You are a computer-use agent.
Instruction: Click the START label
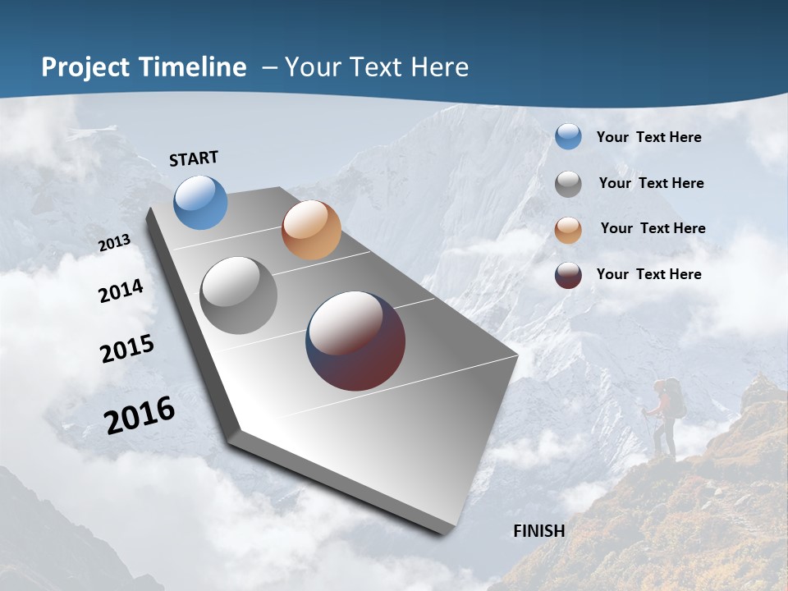(194, 158)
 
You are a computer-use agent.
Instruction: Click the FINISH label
(538, 531)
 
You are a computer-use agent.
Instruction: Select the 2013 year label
(114, 243)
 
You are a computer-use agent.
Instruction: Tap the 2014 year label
(121, 291)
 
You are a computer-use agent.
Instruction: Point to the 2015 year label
(127, 348)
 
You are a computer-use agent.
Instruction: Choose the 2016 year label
(140, 415)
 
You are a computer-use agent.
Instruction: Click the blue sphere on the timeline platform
(200, 202)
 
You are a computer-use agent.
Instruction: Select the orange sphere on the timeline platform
(311, 230)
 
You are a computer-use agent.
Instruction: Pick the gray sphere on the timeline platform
(238, 295)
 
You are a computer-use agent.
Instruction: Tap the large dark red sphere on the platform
(355, 341)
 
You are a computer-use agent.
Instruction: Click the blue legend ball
(568, 137)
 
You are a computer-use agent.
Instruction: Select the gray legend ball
(568, 184)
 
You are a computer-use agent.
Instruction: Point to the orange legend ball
(568, 230)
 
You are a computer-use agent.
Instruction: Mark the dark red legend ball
(568, 275)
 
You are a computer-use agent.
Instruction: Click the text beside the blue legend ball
(648, 137)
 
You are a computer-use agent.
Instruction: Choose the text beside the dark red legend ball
(648, 274)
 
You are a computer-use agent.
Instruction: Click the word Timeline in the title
(193, 67)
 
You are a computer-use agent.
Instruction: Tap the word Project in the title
(86, 67)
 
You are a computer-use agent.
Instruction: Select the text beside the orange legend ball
(653, 228)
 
